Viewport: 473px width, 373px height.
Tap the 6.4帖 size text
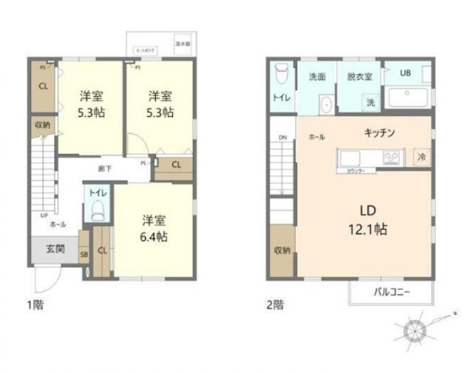pyautogui.click(x=154, y=236)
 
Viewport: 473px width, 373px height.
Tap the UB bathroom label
pyautogui.click(x=406, y=73)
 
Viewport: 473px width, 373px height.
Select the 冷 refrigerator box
pyautogui.click(x=422, y=157)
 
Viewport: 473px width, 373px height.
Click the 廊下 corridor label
pyautogui.click(x=105, y=168)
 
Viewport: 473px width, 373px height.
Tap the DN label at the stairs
pyautogui.click(x=282, y=137)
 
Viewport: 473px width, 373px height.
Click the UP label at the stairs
pyautogui.click(x=34, y=216)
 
